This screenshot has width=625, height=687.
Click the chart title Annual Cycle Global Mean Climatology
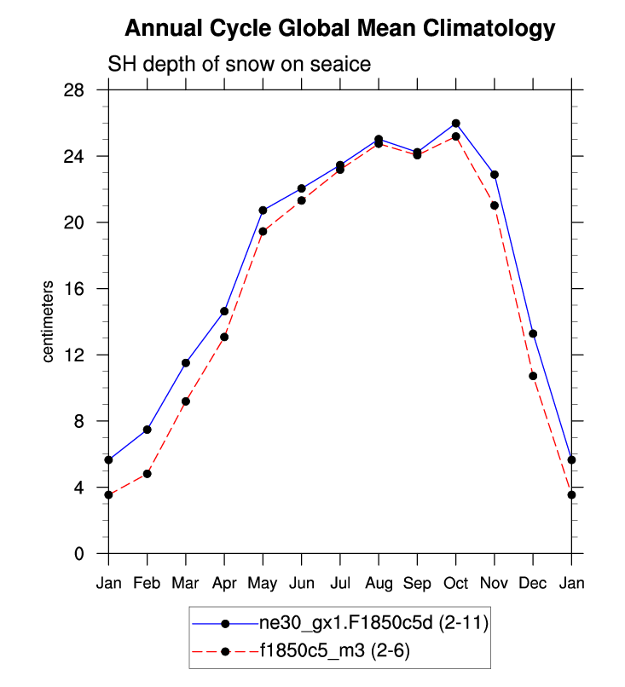pos(339,29)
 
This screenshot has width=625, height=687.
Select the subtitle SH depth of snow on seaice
pos(238,65)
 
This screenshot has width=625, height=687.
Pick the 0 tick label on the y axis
pos(90,554)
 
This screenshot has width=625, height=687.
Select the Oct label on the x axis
pos(455,583)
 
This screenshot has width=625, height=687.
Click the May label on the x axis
pos(263,583)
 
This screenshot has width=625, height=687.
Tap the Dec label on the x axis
pos(533,583)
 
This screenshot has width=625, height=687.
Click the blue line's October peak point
pos(456,124)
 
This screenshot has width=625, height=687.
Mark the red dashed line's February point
pos(148,474)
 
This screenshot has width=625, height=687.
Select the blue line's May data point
pos(263,211)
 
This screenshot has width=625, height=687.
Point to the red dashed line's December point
pos(533,376)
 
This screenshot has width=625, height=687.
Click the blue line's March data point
pos(186,363)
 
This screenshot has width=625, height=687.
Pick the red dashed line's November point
pos(495,205)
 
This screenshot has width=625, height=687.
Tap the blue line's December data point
pos(533,333)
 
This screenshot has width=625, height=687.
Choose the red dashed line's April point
pos(224,337)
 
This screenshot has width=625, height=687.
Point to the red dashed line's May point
pos(263,232)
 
